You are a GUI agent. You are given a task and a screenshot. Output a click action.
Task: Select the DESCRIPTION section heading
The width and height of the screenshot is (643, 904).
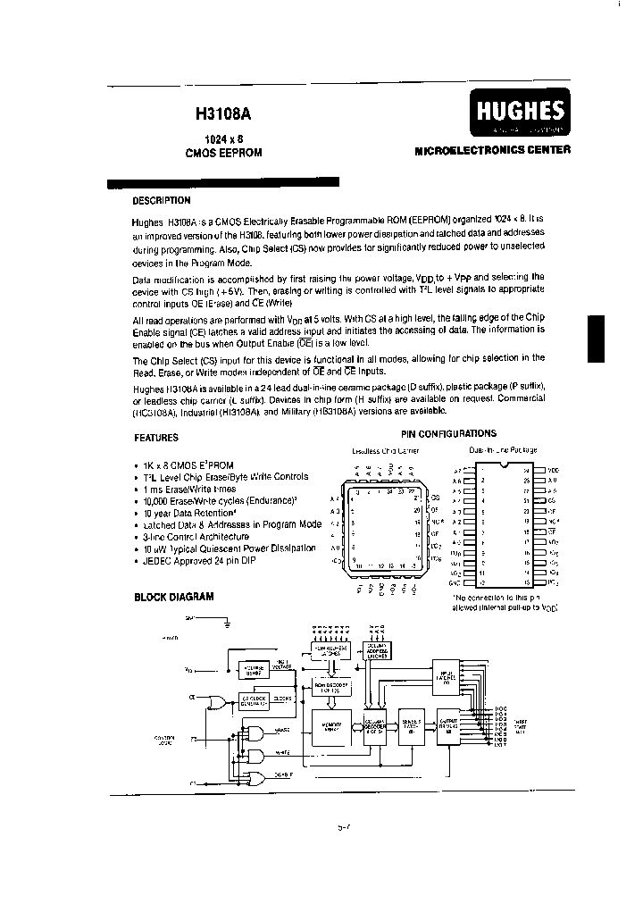(161, 201)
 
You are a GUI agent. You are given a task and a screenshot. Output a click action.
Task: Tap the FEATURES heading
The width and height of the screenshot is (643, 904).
(156, 438)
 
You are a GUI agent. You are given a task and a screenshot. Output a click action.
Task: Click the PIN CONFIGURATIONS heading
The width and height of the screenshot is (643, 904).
(448, 433)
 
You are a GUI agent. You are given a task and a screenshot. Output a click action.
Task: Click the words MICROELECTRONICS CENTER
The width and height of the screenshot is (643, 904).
(493, 151)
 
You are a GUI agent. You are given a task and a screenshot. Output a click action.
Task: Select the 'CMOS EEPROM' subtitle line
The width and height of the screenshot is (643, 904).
(223, 153)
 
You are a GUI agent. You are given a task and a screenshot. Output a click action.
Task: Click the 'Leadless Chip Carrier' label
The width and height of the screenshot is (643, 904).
(385, 451)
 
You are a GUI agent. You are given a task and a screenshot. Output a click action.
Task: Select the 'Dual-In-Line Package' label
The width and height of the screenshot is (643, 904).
(503, 450)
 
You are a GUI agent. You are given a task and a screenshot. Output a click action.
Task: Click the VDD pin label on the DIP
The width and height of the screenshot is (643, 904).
(553, 469)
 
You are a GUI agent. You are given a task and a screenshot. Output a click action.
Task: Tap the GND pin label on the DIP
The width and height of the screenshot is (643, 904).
(456, 582)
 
